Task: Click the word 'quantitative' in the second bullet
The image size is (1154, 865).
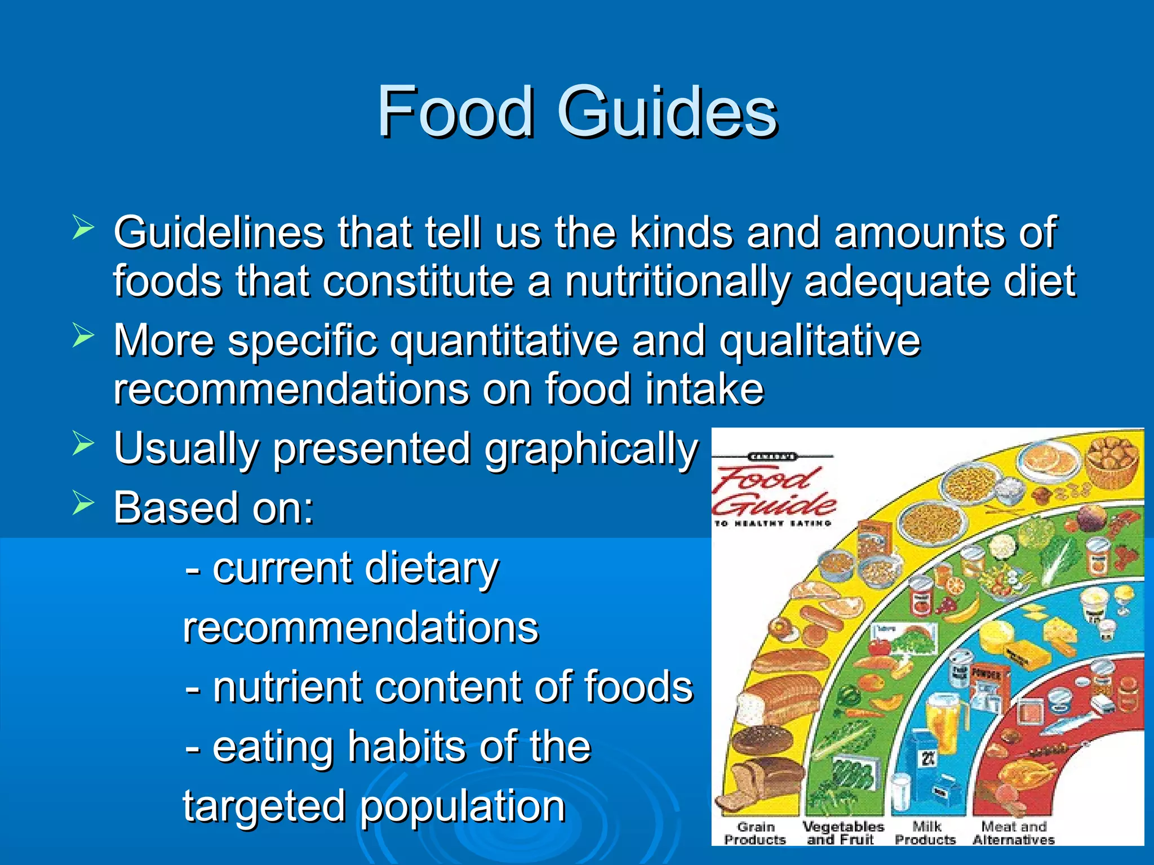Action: [x=504, y=341]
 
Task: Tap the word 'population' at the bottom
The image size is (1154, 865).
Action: [x=463, y=806]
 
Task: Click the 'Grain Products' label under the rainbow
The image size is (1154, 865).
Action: [x=755, y=833]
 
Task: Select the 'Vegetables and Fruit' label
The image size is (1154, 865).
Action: [x=843, y=833]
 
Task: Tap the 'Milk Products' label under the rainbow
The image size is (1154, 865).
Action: [x=926, y=833]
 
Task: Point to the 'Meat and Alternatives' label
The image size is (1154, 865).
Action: [x=1013, y=833]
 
